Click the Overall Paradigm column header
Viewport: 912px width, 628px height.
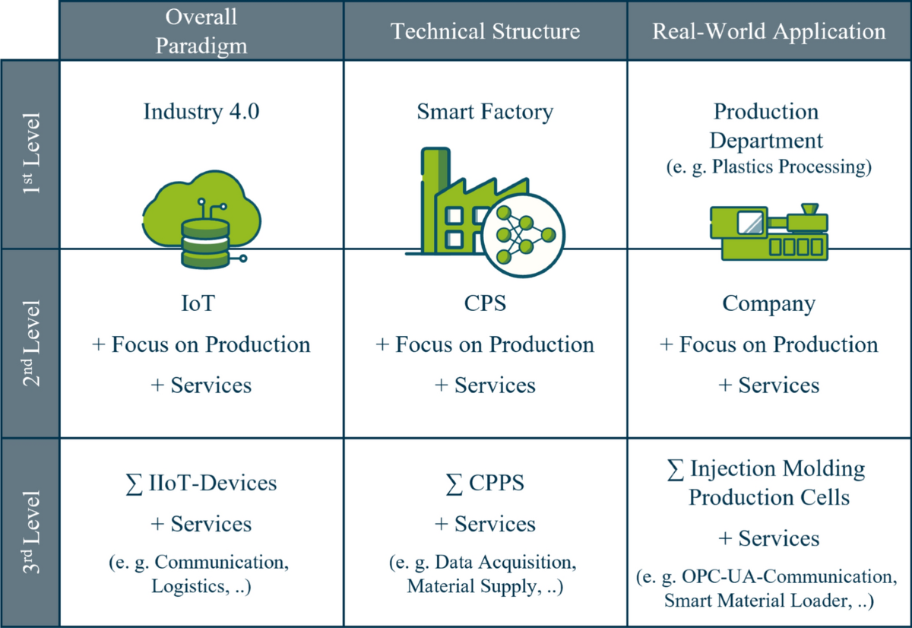pos(201,30)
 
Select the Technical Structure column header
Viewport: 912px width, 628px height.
pos(485,30)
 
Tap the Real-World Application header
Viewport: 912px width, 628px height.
pos(769,30)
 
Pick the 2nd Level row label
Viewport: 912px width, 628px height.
pos(30,343)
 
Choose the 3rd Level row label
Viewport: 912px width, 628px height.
pos(30,532)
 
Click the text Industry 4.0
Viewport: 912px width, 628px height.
pos(201,112)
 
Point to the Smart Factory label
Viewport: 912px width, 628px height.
pos(485,112)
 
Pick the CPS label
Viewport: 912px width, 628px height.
pos(485,304)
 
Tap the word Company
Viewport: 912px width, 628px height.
pos(769,304)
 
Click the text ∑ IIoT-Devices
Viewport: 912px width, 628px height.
pos(201,482)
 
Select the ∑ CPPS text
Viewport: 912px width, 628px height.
pos(485,482)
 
